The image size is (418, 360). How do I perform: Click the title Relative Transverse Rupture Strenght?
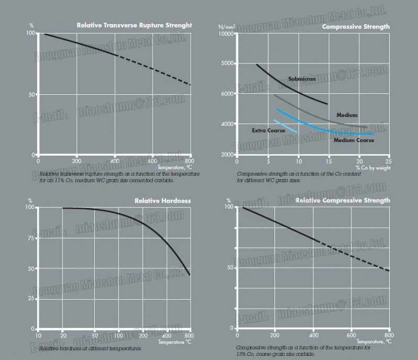click(x=134, y=25)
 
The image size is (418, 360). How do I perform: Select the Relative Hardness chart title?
click(x=162, y=201)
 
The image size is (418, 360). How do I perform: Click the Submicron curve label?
click(x=302, y=79)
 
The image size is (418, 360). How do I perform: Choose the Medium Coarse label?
click(x=354, y=140)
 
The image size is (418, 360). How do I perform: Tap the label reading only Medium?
click(x=347, y=115)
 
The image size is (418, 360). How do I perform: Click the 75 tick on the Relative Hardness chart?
click(x=30, y=238)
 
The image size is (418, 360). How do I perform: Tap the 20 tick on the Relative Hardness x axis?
click(x=62, y=335)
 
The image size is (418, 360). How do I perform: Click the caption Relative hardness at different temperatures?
click(x=90, y=348)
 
